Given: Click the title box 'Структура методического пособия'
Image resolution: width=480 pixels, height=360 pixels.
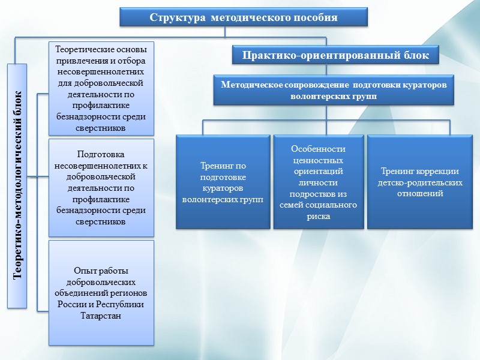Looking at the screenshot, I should coord(243,17).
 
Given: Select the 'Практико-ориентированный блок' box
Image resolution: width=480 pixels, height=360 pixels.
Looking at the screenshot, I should coord(335,56).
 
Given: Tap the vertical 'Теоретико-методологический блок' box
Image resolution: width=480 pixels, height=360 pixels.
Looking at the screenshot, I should coord(18,187).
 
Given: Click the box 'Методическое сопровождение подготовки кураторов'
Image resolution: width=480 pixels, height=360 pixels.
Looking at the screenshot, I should coord(334,90).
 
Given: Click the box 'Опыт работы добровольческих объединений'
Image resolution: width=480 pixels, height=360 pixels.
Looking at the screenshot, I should coord(101,293).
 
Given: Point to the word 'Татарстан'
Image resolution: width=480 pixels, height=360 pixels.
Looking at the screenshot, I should coord(101,316).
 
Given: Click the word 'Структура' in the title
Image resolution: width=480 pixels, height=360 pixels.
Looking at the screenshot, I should coord(174,17).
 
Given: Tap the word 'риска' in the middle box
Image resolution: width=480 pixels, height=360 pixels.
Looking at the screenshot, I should coord(318,217).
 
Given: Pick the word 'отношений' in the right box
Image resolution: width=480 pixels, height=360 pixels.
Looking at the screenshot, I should coord(419,194).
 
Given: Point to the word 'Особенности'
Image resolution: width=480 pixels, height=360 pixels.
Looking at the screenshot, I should coord(318,149).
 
